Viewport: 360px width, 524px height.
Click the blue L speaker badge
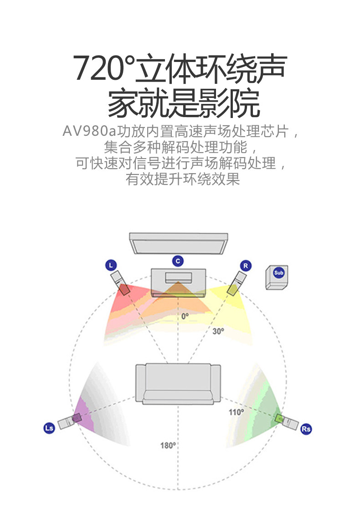111,265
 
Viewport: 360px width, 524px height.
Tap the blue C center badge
178,261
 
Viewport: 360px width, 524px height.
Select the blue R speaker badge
246,265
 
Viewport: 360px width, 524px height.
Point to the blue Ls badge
49,428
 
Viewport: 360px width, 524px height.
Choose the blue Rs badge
306,428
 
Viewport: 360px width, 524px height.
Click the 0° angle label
185,315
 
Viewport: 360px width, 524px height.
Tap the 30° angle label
218,331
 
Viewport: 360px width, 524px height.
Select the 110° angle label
236,412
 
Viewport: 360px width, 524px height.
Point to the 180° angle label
168,445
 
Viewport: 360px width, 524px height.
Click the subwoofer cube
277,277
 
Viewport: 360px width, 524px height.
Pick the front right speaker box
236,283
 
